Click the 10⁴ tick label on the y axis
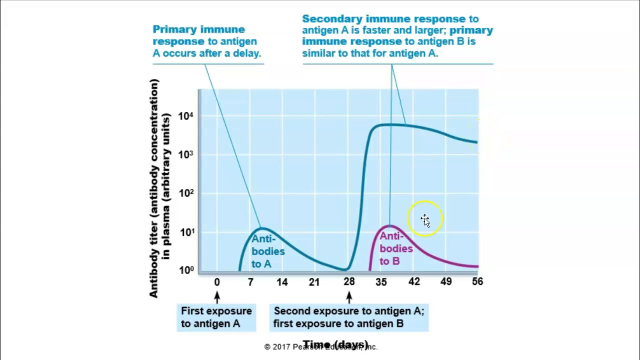click(x=185, y=116)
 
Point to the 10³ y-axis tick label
click(x=185, y=154)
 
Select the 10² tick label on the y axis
click(x=185, y=193)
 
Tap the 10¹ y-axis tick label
click(x=185, y=232)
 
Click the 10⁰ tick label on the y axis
click(x=185, y=270)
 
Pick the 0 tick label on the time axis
click(x=217, y=282)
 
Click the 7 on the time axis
click(x=250, y=282)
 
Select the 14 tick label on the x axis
click(x=282, y=282)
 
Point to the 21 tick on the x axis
click(x=314, y=282)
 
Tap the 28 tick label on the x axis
click(x=349, y=282)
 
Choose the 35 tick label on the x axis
click(x=381, y=282)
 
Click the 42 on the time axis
click(x=414, y=282)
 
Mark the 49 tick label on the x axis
click(x=446, y=282)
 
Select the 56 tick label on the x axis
click(x=477, y=282)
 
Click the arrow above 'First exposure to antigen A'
click(x=217, y=297)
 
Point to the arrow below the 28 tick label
click(x=349, y=297)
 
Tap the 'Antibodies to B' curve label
click(x=396, y=248)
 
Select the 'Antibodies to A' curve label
click(x=267, y=251)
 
